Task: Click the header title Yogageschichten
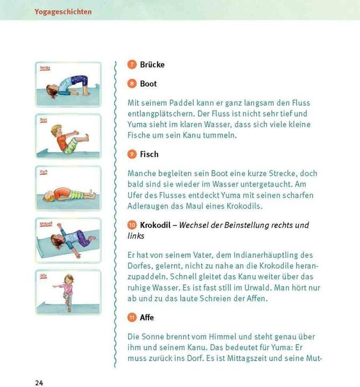[x=63, y=11]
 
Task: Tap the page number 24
[x=39, y=383]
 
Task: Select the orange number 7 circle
[x=132, y=65]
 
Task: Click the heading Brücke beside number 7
[x=152, y=65]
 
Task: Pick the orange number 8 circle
[x=132, y=84]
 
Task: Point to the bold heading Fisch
[x=149, y=154]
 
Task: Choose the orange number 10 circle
[x=132, y=225]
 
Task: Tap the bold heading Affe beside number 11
[x=147, y=318]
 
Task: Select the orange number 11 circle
[x=132, y=318]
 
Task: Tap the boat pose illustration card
[x=68, y=136]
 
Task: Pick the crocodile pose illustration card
[x=68, y=240]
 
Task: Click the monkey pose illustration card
[x=68, y=292]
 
